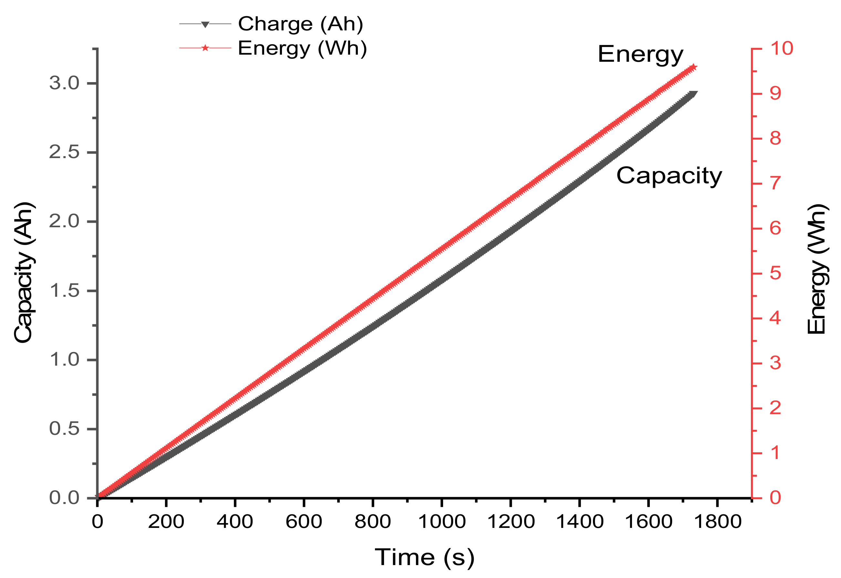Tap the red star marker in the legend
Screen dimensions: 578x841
tap(205, 48)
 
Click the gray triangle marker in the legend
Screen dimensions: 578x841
tap(205, 25)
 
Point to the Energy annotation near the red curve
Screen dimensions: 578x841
tap(640, 55)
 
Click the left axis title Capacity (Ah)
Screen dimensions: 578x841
tap(24, 272)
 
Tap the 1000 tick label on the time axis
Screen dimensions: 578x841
tap(441, 522)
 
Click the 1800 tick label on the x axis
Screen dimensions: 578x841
tap(717, 522)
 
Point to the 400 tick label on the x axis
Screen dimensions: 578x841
tap(235, 522)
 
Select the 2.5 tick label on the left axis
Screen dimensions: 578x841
tap(64, 152)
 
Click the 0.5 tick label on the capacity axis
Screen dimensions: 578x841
tap(64, 429)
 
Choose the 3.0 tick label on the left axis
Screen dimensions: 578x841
tap(64, 83)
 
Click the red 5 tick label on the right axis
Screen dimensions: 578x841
tap(775, 273)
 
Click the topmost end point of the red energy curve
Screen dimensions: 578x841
tap(693, 68)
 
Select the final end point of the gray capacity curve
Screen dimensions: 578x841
tap(693, 94)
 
